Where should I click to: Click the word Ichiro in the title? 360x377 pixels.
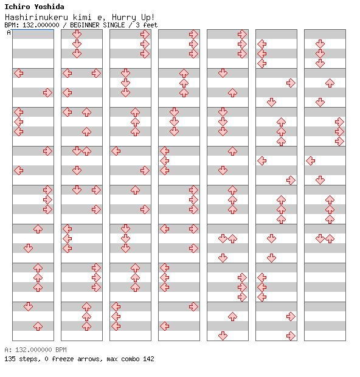(x=17, y=7)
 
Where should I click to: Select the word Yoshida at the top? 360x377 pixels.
(x=49, y=7)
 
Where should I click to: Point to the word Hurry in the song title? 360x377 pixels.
(x=124, y=18)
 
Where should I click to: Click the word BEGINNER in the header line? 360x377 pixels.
(x=85, y=25)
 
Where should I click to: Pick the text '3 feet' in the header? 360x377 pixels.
(x=147, y=25)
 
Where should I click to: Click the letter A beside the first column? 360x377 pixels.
(x=9, y=32)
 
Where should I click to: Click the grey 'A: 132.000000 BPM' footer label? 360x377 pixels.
(x=36, y=350)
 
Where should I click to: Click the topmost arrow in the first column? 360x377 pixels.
(x=19, y=74)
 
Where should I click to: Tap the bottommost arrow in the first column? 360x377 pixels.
(x=38, y=327)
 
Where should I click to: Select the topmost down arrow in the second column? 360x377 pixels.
(x=77, y=35)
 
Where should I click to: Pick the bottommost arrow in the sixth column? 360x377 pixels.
(x=291, y=336)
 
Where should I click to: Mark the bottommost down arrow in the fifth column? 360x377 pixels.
(x=223, y=336)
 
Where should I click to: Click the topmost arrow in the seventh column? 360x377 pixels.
(x=320, y=44)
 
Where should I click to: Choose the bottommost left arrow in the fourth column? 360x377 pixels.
(x=165, y=327)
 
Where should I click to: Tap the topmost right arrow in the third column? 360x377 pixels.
(x=145, y=35)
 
